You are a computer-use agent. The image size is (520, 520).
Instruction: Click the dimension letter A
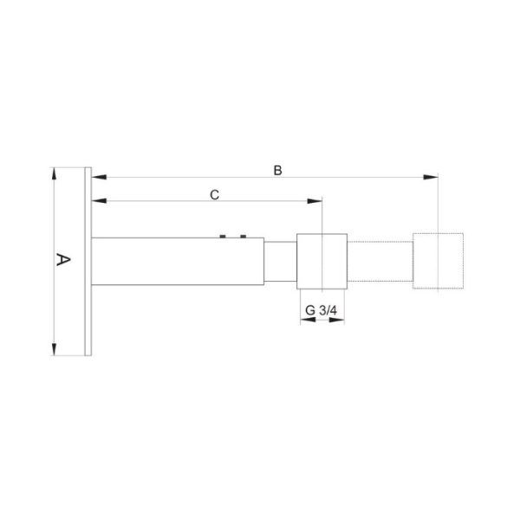click(x=63, y=260)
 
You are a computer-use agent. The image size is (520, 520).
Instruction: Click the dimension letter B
click(x=278, y=170)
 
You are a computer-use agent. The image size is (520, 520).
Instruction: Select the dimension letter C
click(x=215, y=195)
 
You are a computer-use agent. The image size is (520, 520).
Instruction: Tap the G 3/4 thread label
click(x=321, y=310)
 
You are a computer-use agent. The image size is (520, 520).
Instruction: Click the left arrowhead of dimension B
click(x=99, y=177)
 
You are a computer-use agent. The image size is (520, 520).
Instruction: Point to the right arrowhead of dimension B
click(x=431, y=177)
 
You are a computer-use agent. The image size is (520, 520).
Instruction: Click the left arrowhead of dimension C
click(x=99, y=201)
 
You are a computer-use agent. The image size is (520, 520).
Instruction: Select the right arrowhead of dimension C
click(x=315, y=201)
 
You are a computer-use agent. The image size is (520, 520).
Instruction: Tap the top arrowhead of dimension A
click(x=54, y=174)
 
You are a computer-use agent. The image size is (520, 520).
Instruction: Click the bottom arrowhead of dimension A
click(x=54, y=348)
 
